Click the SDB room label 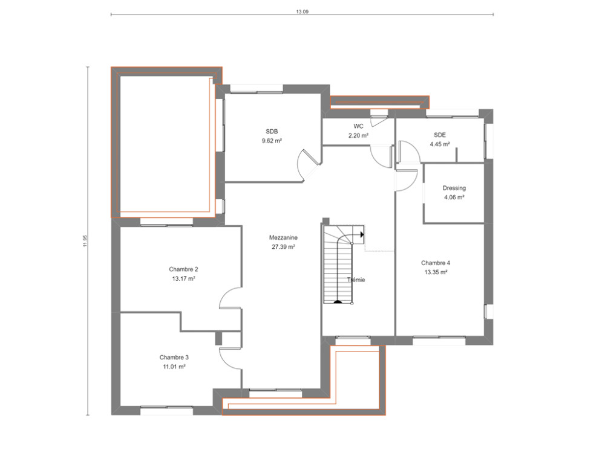point(272,132)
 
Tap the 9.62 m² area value point(272,141)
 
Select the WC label point(358,127)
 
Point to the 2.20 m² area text point(358,136)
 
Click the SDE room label point(440,135)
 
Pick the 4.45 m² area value point(440,144)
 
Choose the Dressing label point(454,188)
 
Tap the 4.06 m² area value point(454,198)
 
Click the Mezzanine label point(283,238)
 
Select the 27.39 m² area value point(283,247)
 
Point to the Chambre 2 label point(183,269)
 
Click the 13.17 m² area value point(183,279)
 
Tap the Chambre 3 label point(174,357)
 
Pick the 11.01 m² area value point(174,367)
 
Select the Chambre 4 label point(436,263)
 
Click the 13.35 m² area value point(436,272)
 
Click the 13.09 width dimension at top point(302,11)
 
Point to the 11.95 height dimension point(86,240)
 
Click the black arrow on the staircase point(361,233)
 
